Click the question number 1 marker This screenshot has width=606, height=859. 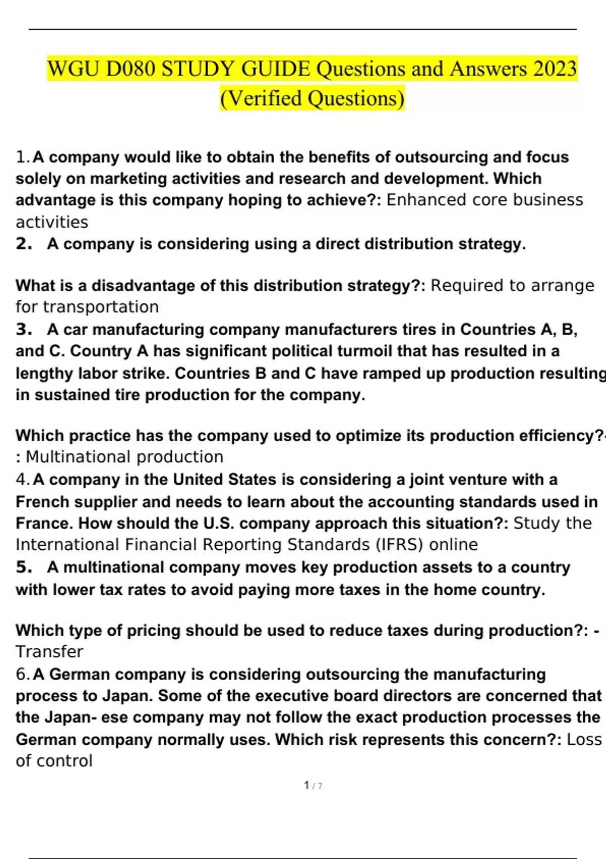(x=22, y=157)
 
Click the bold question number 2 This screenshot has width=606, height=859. (x=23, y=244)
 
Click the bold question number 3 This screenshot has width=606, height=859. (x=23, y=329)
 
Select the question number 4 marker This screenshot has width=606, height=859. (x=22, y=479)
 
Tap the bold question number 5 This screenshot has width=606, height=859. (x=23, y=567)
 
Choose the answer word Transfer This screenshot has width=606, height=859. (x=49, y=651)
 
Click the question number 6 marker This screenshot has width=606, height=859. (x=22, y=674)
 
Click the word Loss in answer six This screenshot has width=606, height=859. (x=584, y=739)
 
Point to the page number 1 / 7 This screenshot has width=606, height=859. (x=313, y=785)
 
